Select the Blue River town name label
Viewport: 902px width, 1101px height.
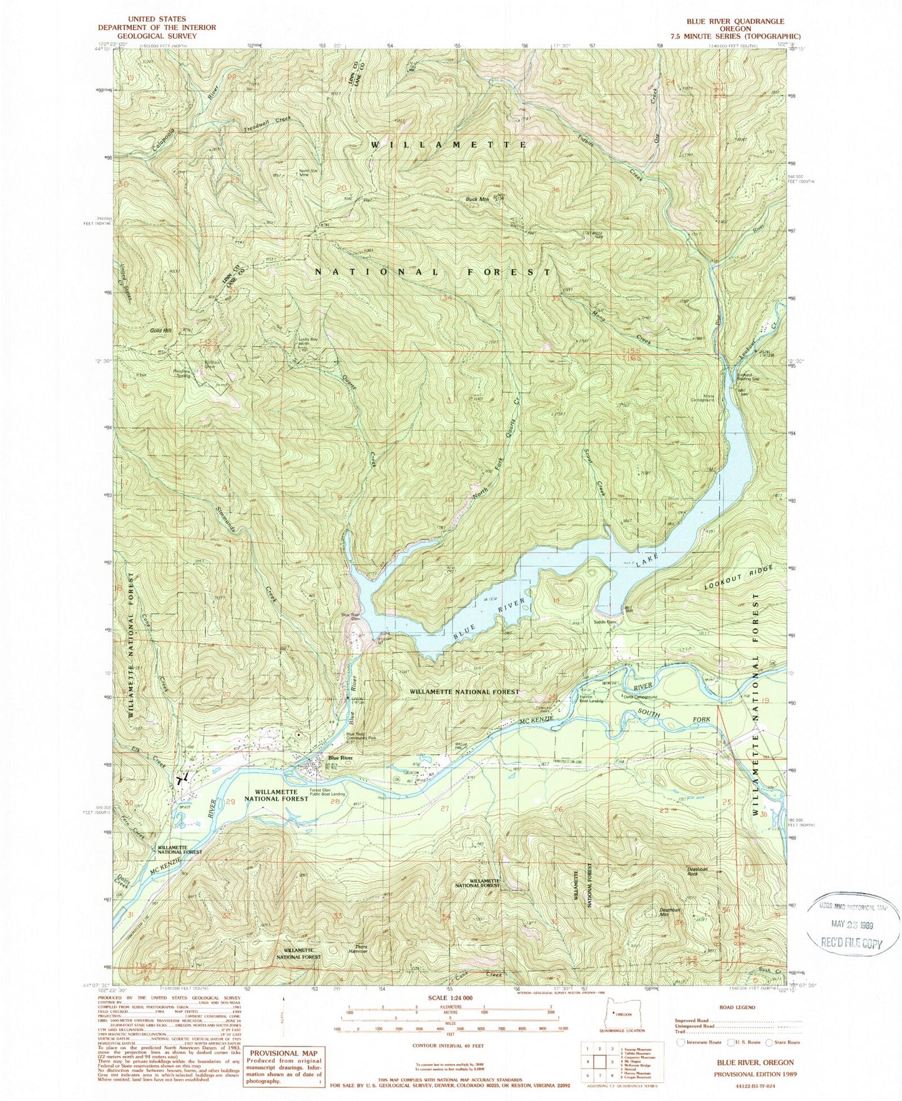pyautogui.click(x=340, y=758)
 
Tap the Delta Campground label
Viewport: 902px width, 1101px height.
pyautogui.click(x=639, y=697)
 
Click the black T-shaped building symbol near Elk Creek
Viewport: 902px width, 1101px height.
pyautogui.click(x=184, y=778)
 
